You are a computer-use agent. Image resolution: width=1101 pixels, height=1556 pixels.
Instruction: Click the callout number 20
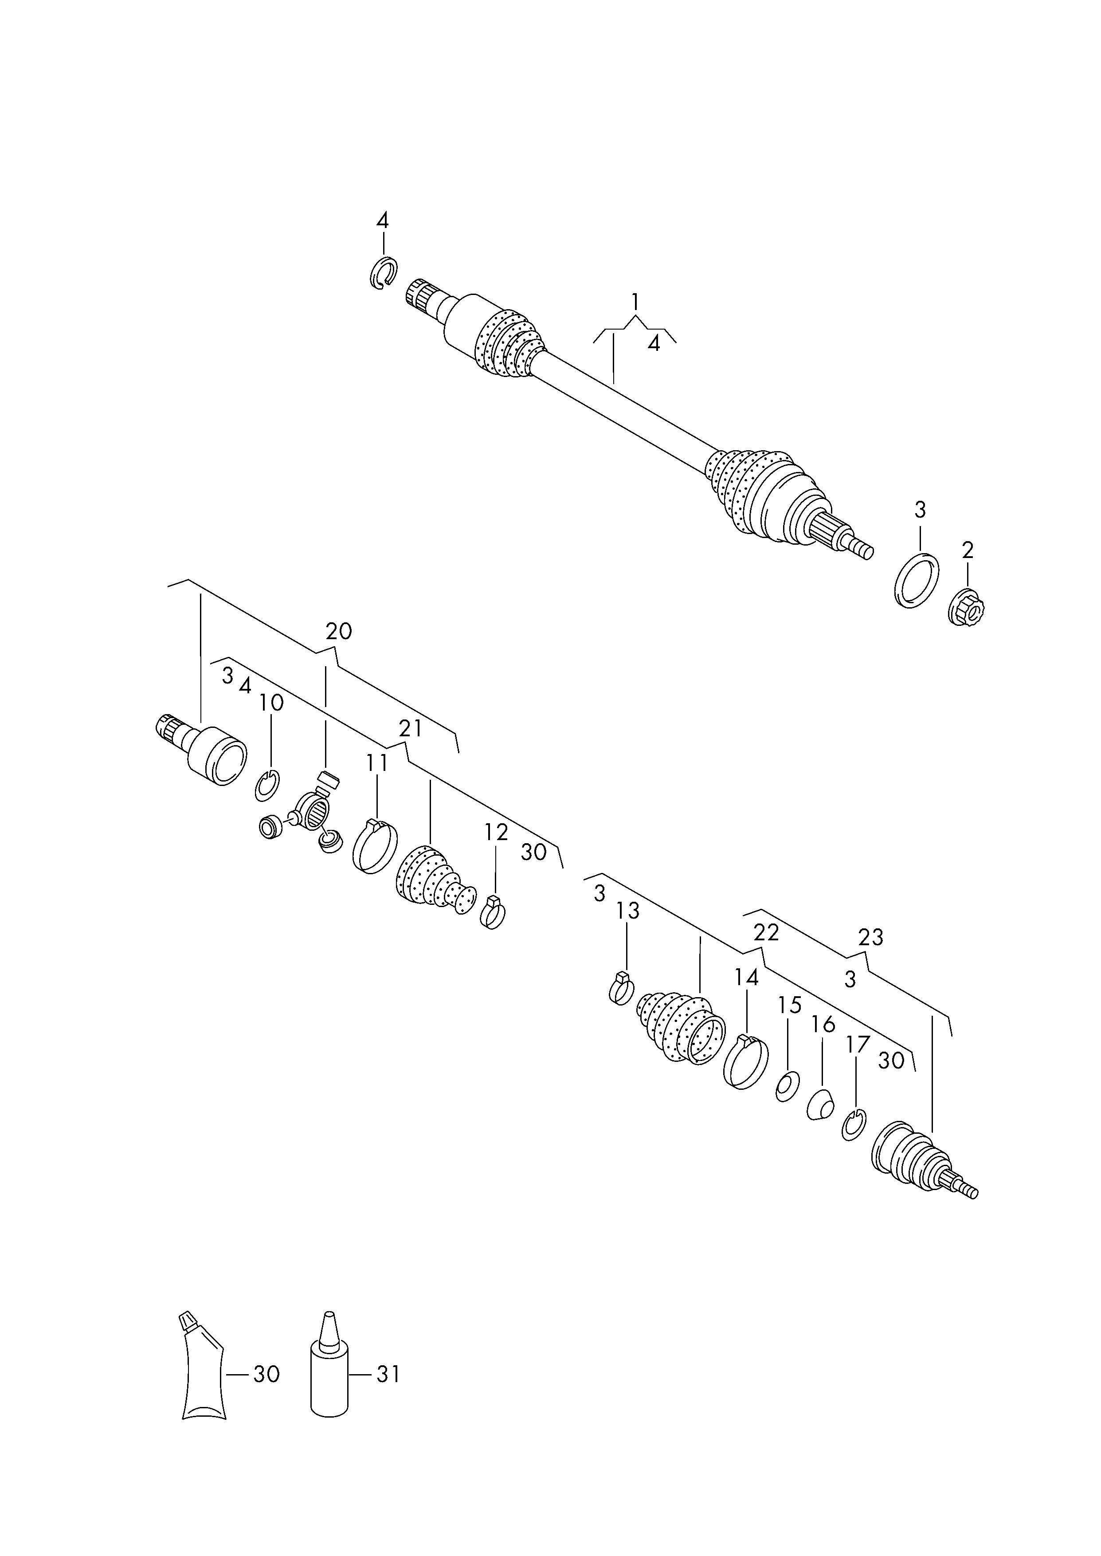(338, 631)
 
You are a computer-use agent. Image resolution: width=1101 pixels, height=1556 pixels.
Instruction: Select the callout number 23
(870, 937)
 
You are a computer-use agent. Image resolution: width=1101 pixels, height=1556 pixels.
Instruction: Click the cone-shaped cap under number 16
(820, 1105)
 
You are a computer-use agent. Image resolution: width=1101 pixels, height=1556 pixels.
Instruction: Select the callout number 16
(823, 1024)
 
